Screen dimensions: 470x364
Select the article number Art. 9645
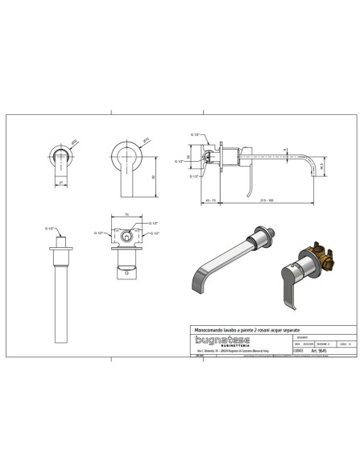pyautogui.click(x=316, y=351)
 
